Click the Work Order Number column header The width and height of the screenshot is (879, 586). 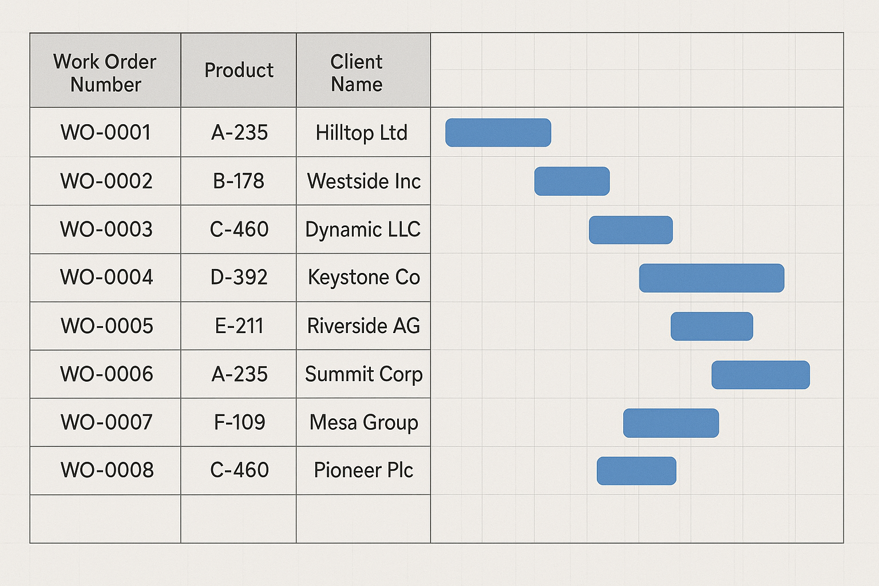105,73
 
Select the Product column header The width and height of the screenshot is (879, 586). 239,70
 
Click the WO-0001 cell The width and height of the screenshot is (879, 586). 106,132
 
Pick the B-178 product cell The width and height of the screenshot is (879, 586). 239,181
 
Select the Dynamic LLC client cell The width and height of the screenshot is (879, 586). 363,229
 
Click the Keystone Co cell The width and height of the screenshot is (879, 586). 364,278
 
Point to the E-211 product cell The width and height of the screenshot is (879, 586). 239,326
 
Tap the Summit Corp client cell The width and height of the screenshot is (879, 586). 363,374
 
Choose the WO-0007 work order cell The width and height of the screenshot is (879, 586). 106,422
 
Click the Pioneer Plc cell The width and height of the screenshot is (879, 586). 363,470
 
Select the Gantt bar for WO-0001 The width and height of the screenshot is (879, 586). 498,133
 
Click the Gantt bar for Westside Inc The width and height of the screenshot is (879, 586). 572,181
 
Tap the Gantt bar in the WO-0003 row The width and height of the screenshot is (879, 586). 631,230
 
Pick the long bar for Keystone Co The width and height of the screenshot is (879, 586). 711,278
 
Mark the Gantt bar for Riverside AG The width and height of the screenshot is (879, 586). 712,326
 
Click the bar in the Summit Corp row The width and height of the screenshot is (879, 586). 761,375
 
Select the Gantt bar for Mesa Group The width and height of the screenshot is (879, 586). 671,423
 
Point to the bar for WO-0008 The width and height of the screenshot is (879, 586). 636,471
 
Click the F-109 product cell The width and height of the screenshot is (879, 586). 239,422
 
